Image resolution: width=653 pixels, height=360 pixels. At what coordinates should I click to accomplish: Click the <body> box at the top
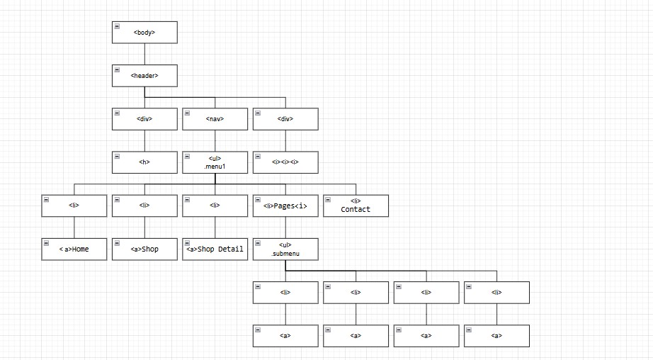point(144,33)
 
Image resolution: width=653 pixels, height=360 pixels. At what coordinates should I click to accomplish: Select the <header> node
point(144,76)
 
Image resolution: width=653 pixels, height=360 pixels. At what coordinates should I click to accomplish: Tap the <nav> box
point(215,119)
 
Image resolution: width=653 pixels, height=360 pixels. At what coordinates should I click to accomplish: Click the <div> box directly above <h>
point(144,119)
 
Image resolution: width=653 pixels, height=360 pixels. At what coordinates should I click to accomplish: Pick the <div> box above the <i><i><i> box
point(285,119)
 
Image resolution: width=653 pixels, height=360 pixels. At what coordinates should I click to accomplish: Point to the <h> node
point(144,162)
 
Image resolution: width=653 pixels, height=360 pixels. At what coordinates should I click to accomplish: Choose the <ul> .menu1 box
point(215,162)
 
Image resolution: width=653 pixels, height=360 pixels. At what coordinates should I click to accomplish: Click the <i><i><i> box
point(285,162)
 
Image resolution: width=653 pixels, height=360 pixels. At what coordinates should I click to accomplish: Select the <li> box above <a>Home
point(74,206)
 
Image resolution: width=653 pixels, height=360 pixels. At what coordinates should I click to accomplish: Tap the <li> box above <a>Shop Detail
point(215,206)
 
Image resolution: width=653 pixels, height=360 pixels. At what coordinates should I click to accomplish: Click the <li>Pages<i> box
point(285,206)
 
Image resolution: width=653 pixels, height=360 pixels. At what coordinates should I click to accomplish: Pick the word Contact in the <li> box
point(356,210)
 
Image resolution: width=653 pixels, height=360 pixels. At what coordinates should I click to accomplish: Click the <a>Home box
point(74,249)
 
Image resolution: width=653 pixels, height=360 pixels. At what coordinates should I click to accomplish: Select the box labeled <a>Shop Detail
point(215,249)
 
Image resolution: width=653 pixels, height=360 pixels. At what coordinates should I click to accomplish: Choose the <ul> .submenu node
point(285,249)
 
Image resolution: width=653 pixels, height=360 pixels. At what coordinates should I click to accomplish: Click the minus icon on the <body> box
point(116,26)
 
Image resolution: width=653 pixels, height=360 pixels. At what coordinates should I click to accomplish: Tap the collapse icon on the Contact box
point(328,199)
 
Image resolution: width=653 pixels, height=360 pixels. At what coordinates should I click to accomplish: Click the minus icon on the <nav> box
point(187,113)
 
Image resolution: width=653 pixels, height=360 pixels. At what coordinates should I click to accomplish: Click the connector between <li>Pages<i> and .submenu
point(285,227)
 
